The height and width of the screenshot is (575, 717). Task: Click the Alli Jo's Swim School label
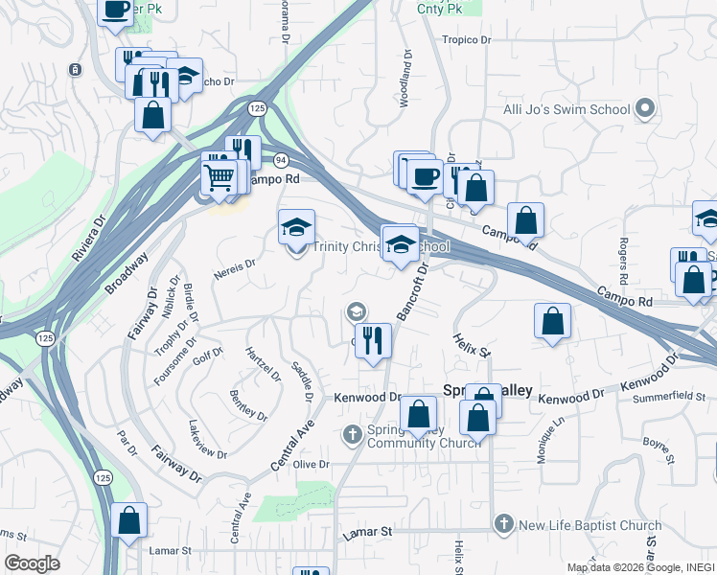click(567, 109)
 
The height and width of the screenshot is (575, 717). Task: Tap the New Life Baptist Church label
click(590, 525)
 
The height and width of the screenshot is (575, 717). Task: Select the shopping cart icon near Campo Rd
click(220, 177)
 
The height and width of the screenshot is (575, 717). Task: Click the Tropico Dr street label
click(466, 40)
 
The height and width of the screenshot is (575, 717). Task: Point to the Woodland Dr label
click(405, 78)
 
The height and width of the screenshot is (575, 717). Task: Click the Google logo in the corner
click(32, 563)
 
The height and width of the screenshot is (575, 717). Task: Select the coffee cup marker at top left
click(116, 10)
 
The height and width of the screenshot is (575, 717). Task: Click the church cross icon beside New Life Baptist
click(504, 524)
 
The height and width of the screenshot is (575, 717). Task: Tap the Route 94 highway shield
click(279, 159)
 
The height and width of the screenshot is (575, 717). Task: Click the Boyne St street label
click(656, 443)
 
